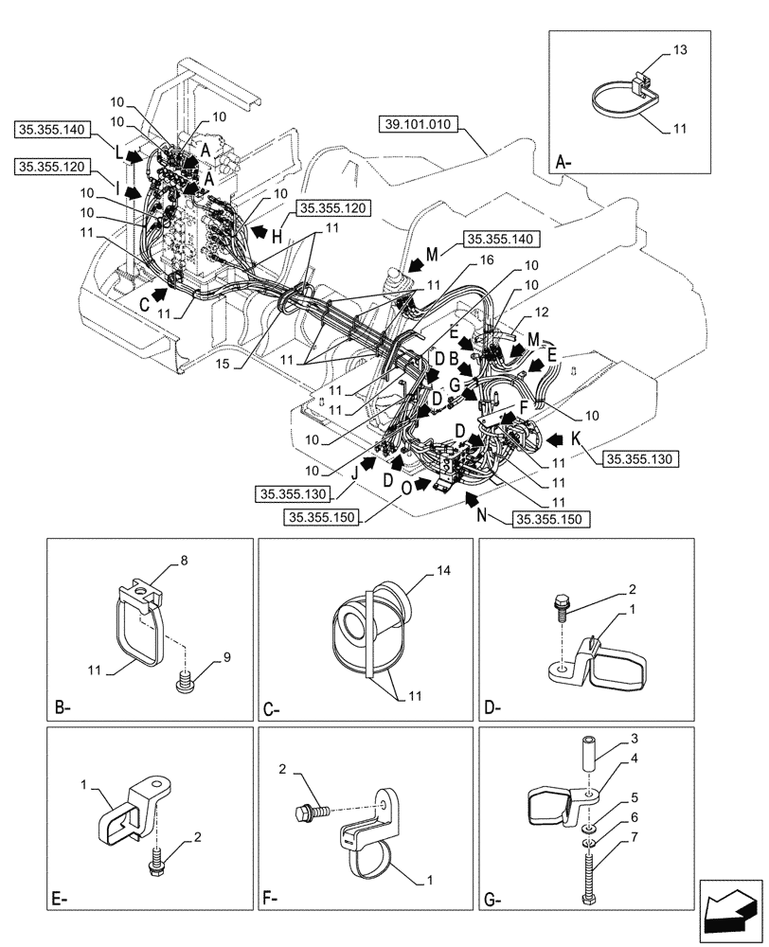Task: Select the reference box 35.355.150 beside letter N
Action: tap(550, 519)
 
